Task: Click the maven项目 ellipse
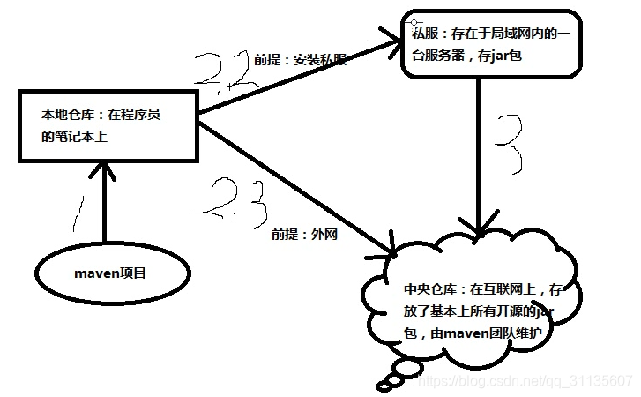point(110,273)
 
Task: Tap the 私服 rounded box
point(491,43)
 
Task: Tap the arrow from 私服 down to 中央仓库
point(479,159)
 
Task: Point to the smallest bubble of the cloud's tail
point(384,385)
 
